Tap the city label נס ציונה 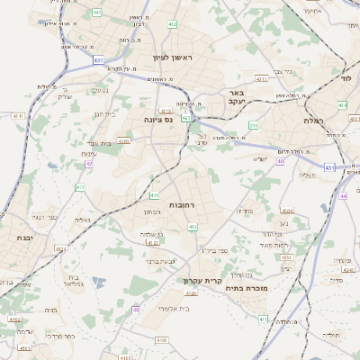click(x=158, y=119)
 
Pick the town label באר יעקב click(x=236, y=97)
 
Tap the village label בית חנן click(x=104, y=114)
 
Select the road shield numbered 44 click(x=343, y=195)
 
